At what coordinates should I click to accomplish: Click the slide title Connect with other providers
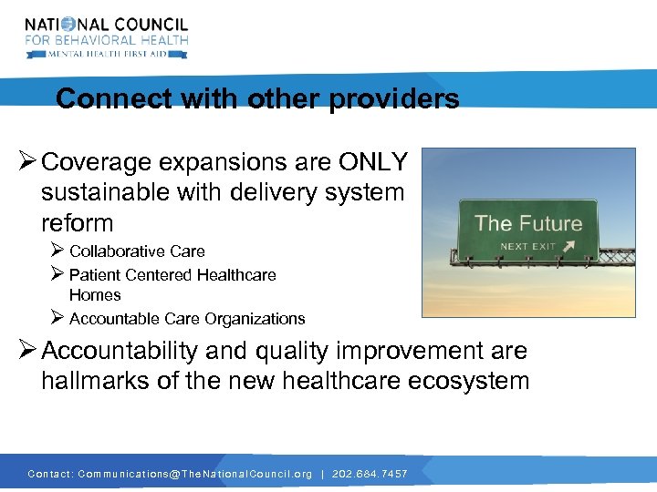[257, 98]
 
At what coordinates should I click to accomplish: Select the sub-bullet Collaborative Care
[137, 251]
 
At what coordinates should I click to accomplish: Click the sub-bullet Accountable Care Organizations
[187, 319]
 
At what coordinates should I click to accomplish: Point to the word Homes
[95, 295]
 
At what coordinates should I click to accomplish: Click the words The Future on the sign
[528, 223]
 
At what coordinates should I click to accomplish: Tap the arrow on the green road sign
[570, 246]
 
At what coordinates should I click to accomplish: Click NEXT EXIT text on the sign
[528, 246]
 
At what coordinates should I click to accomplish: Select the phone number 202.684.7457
[369, 474]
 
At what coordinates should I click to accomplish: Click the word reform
[78, 223]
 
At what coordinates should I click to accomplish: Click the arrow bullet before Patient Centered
[57, 274]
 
